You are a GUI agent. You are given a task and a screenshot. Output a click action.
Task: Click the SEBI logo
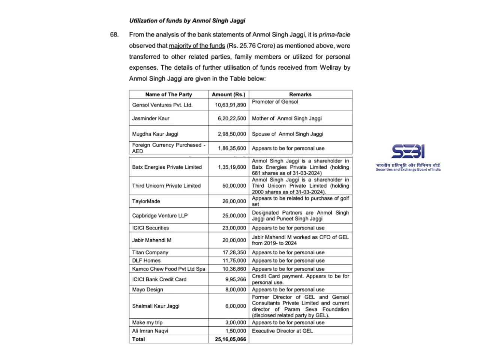click(408, 151)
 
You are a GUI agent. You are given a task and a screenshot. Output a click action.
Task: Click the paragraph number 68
click(114, 35)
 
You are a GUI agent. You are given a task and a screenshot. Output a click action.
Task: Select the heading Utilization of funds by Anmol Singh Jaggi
click(187, 21)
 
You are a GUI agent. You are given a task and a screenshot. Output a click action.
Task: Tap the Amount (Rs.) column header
click(228, 94)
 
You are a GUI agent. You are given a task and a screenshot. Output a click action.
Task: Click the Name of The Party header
click(169, 94)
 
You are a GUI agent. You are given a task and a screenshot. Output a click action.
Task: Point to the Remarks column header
click(300, 94)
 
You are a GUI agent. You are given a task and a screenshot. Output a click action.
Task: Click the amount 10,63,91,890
click(230, 105)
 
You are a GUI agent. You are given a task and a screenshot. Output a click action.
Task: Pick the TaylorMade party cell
click(146, 201)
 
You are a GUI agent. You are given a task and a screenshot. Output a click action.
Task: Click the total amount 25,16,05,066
click(230, 339)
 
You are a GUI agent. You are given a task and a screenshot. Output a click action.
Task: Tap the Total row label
click(138, 339)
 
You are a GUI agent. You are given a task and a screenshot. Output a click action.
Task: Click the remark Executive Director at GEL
click(282, 331)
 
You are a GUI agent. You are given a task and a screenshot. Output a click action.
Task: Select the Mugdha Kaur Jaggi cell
click(155, 134)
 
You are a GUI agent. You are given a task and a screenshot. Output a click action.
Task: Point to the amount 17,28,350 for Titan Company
click(234, 253)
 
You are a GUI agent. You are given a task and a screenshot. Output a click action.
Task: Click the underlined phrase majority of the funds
click(197, 46)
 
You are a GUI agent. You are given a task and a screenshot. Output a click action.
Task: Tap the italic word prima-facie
click(334, 35)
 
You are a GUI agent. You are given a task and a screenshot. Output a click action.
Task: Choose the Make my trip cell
click(147, 323)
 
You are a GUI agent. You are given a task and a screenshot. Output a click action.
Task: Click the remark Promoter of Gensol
click(275, 102)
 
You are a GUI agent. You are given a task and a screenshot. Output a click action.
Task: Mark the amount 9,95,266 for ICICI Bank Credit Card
click(235, 279)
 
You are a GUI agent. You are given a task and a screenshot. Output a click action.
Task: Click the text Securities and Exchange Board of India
click(408, 169)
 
